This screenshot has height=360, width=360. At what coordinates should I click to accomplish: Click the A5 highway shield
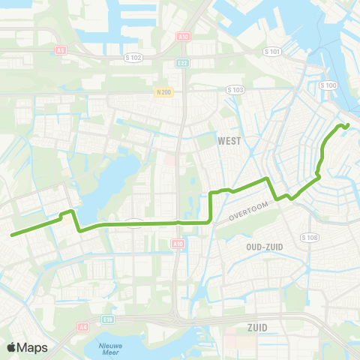point(61,51)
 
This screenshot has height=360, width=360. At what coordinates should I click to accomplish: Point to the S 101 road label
point(273,52)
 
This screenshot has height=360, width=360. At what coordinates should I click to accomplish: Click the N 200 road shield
point(163,91)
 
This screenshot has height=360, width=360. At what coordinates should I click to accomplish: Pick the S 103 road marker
point(235,89)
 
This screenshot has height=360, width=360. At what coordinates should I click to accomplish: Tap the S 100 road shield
point(328,85)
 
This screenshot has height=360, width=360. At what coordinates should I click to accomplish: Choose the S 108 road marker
point(310,237)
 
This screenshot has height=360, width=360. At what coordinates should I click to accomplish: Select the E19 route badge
point(109,319)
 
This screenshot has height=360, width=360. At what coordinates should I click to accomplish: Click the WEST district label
point(229,140)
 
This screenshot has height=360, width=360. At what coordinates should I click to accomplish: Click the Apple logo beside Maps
point(11,347)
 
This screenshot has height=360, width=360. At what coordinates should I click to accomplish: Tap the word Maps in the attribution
point(32,347)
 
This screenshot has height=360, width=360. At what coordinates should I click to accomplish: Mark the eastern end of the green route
point(348,124)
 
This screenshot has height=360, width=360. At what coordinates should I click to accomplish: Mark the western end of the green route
point(13,235)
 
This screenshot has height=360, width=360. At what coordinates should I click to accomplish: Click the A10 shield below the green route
point(177,244)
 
